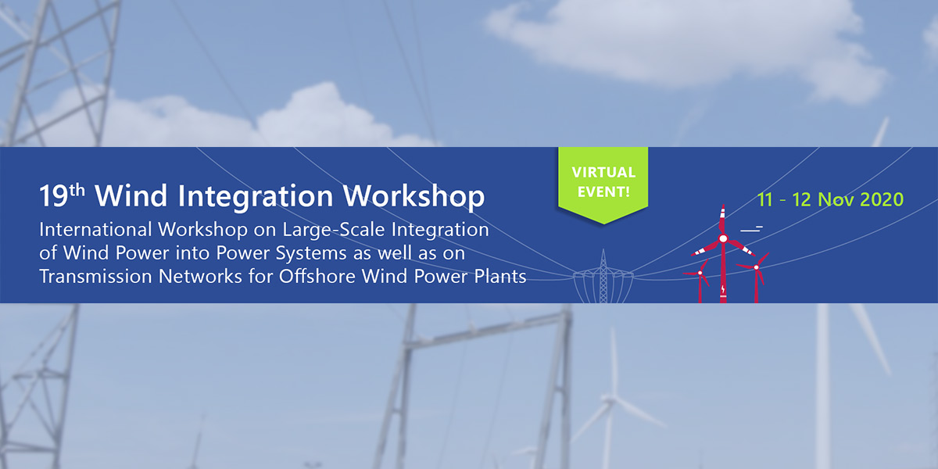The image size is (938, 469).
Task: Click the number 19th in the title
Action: pos(62,195)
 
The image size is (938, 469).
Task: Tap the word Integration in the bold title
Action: pos(256,197)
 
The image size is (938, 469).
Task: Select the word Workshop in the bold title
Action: pos(414,197)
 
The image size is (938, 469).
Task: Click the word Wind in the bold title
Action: pos(131,195)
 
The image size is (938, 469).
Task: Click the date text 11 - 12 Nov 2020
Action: pos(830,199)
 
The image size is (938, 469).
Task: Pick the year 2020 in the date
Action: pos(882,199)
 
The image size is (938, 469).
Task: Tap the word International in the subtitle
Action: pos(95,230)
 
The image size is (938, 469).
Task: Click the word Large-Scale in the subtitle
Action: pos(333,231)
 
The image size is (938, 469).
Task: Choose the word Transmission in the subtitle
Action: pos(95,277)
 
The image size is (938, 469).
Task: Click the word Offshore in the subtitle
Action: pos(317,277)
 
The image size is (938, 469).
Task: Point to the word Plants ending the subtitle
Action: pos(500,277)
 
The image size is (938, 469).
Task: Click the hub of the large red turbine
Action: pos(723,238)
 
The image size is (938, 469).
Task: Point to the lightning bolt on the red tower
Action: pos(723,289)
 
